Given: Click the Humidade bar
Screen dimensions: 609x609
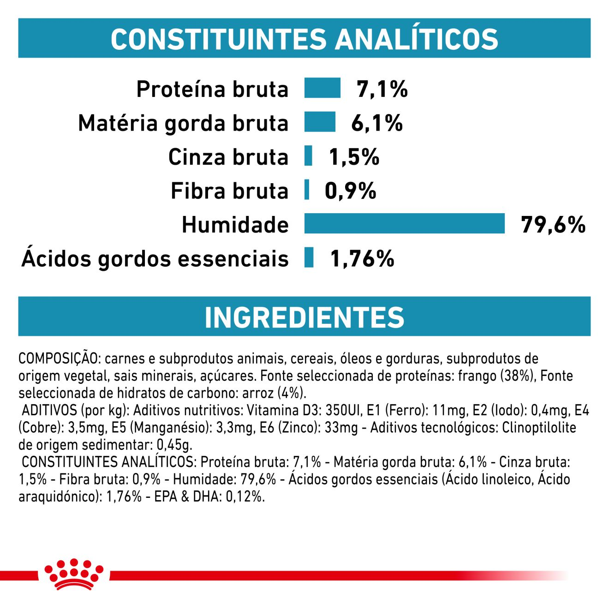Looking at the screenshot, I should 404,224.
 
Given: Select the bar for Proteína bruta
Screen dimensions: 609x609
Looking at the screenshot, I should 322,88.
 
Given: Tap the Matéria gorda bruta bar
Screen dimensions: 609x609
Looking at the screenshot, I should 320,122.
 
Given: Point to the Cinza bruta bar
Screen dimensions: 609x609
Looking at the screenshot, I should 308,156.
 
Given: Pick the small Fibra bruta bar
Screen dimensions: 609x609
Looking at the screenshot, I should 307,190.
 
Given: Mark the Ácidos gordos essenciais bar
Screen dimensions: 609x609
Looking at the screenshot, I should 309,257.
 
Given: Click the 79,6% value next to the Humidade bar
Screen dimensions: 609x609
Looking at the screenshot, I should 553,225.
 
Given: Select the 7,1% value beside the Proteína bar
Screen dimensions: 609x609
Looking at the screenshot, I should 382,89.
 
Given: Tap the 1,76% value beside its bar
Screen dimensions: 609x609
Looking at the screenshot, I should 362,258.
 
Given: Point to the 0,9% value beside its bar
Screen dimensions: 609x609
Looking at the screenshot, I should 350,191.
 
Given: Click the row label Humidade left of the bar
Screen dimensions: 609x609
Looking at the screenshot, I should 235,225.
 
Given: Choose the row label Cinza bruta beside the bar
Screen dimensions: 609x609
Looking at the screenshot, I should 228,157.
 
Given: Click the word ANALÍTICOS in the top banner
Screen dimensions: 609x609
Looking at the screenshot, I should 416,39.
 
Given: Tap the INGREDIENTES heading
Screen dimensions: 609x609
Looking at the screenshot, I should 304,317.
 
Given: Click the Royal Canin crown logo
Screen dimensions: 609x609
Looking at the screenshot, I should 74,574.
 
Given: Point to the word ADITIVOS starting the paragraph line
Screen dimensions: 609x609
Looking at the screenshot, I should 49,410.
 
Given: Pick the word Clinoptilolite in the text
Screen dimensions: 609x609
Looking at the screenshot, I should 539,428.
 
